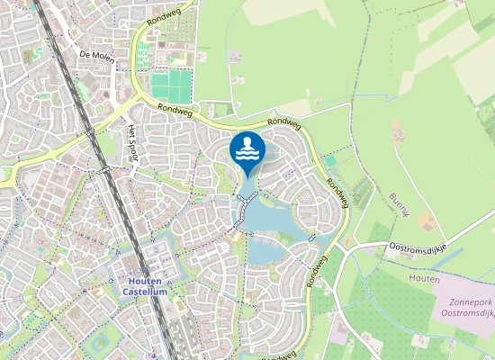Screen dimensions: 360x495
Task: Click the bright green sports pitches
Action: tap(171, 86)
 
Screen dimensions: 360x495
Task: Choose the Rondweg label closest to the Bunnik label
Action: tap(337, 193)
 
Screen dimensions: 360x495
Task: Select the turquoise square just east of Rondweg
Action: tap(330, 160)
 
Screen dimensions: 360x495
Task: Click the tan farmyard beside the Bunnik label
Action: tap(428, 220)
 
